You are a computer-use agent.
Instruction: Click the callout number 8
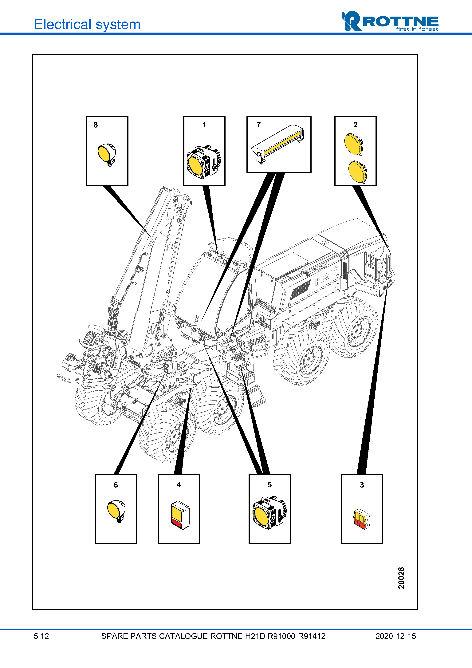[96, 125]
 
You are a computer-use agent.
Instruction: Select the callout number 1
[204, 125]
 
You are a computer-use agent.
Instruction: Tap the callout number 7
[258, 125]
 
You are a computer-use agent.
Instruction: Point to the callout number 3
[362, 485]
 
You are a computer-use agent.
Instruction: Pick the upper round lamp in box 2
[354, 144]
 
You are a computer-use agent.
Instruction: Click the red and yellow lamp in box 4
[180, 515]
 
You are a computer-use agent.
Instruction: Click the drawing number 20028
[401, 578]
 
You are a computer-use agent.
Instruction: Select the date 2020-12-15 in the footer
[395, 636]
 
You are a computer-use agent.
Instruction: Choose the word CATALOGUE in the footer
[183, 636]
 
